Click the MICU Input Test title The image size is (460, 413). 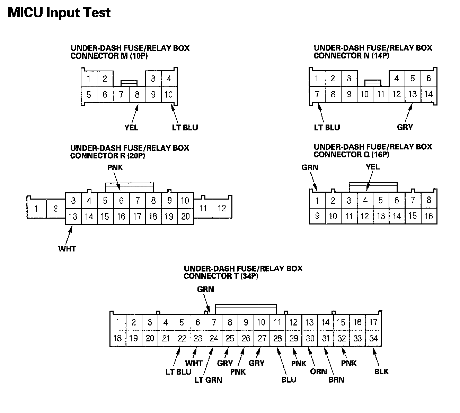pyautogui.click(x=59, y=13)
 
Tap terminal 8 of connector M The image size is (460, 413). pyautogui.click(x=137, y=94)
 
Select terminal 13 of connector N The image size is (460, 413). pyautogui.click(x=412, y=94)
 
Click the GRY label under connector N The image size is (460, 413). pyautogui.click(x=405, y=127)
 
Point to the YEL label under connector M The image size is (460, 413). pyautogui.click(x=131, y=128)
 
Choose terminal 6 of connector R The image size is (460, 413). pyautogui.click(x=121, y=201)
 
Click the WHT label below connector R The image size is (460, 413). pyautogui.click(x=67, y=249)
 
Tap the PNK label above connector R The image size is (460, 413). pyautogui.click(x=115, y=168)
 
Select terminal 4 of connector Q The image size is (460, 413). pyautogui.click(x=365, y=200)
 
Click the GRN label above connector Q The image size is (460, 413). pyautogui.click(x=310, y=167)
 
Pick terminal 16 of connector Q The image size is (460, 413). pyautogui.click(x=428, y=216)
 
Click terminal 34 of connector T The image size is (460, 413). pyautogui.click(x=373, y=338)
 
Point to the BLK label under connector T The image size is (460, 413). pyautogui.click(x=381, y=371)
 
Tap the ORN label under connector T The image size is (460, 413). pyautogui.click(x=318, y=371)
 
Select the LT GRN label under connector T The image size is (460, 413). pyautogui.click(x=208, y=380)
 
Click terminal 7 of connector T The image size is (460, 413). pyautogui.click(x=214, y=322)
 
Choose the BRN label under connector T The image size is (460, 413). pyautogui.click(x=336, y=380)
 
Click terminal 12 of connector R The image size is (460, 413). pyautogui.click(x=222, y=208)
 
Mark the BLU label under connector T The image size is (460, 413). pyautogui.click(x=289, y=380)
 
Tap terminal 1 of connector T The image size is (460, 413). pyautogui.click(x=118, y=322)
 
